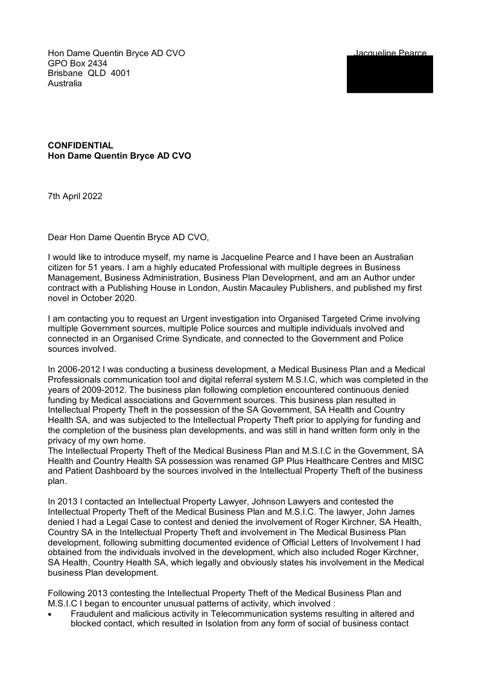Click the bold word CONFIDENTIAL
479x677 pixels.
pos(80,145)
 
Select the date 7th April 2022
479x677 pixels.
pos(75,196)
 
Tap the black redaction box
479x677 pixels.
pos(390,75)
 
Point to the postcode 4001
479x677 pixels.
pos(120,74)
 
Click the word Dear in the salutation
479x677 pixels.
pos(58,237)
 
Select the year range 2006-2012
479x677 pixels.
pos(79,370)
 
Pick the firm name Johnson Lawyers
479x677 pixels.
pos(284,501)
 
